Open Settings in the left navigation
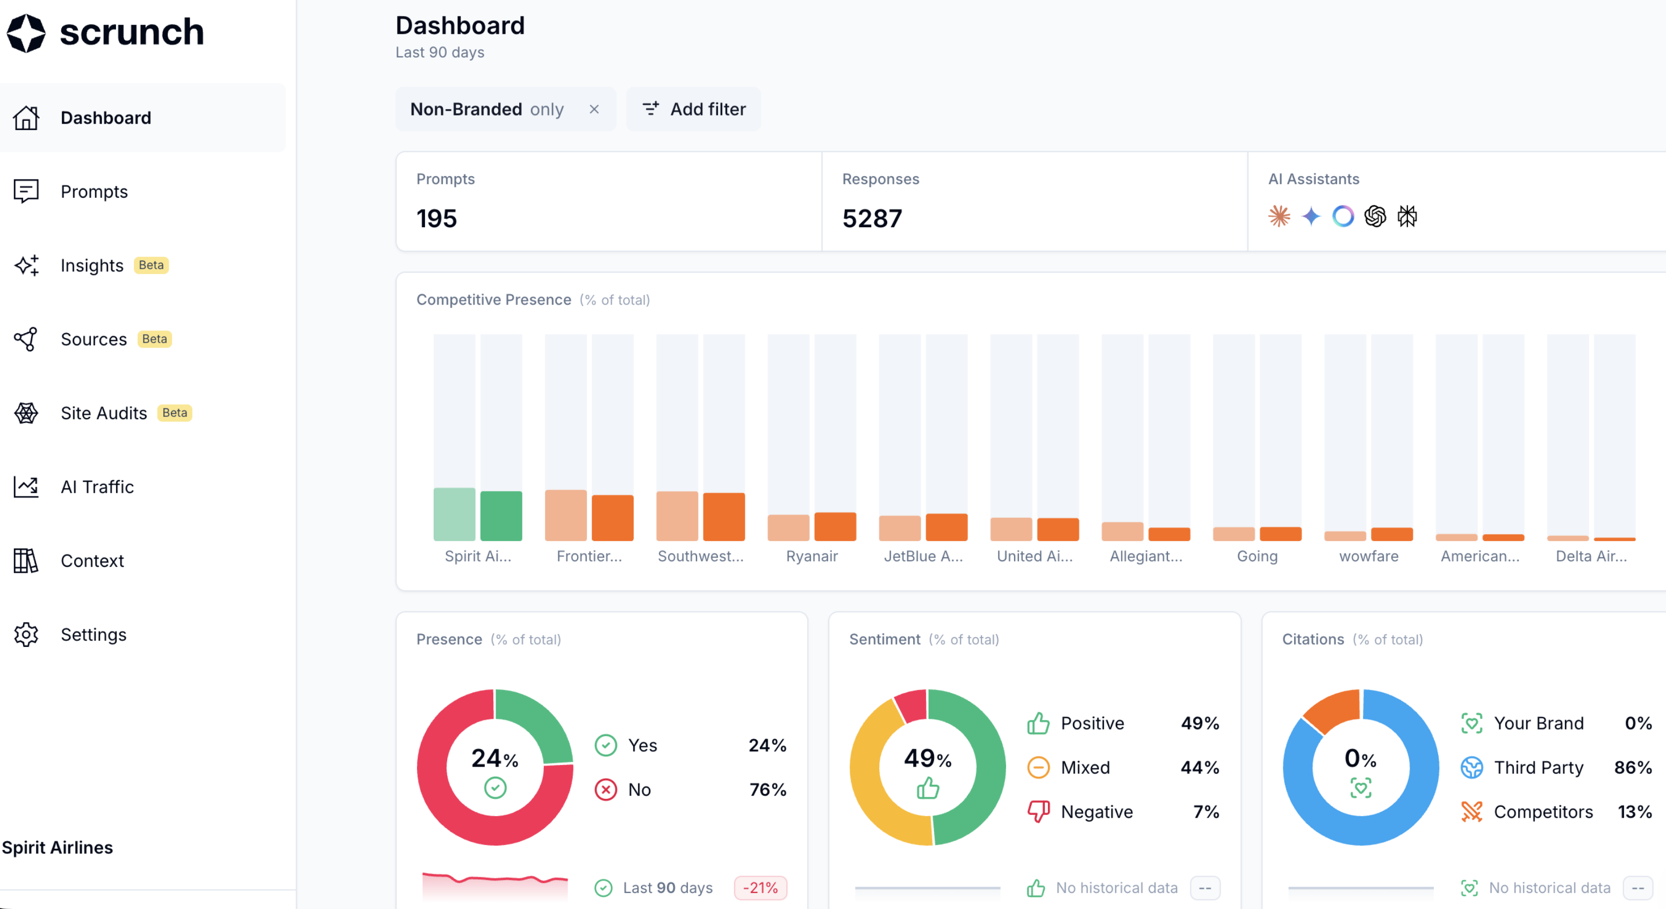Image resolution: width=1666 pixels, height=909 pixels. [93, 634]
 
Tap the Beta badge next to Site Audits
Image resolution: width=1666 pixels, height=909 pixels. [175, 413]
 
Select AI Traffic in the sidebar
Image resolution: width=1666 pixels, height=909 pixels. [97, 487]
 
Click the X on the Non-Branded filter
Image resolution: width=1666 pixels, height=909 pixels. [594, 109]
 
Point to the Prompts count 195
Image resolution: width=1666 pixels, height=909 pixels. [436, 219]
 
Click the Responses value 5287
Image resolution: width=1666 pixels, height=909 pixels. [872, 219]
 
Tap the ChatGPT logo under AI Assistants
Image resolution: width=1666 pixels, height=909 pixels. [1375, 216]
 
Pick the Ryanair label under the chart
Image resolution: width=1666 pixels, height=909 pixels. [812, 556]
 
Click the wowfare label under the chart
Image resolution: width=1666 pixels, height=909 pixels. [1368, 556]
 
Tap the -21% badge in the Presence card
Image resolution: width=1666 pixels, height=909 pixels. [760, 888]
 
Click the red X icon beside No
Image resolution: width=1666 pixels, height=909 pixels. [605, 789]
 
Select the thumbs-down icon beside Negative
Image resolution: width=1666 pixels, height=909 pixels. [1038, 811]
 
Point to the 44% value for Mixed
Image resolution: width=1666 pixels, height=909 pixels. [1200, 767]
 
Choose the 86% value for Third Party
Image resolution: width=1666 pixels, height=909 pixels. [1632, 767]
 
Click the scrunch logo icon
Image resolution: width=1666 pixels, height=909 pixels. [26, 32]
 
